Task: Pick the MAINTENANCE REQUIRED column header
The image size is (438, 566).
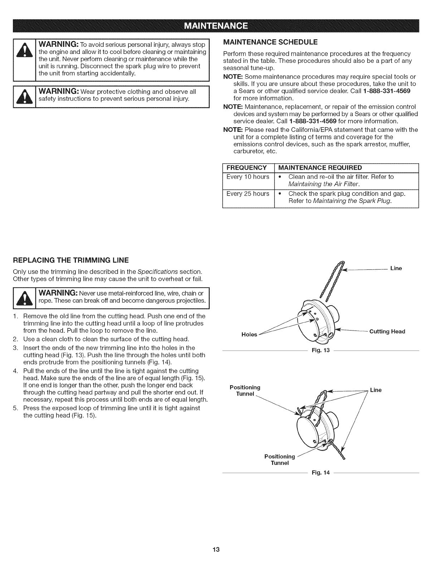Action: (x=320, y=168)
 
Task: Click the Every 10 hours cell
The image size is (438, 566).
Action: (x=248, y=177)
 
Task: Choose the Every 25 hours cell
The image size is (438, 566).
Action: (x=248, y=194)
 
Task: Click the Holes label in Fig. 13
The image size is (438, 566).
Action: (x=249, y=334)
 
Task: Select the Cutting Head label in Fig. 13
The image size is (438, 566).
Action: (x=387, y=332)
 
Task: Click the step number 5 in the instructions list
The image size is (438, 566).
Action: (x=16, y=408)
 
